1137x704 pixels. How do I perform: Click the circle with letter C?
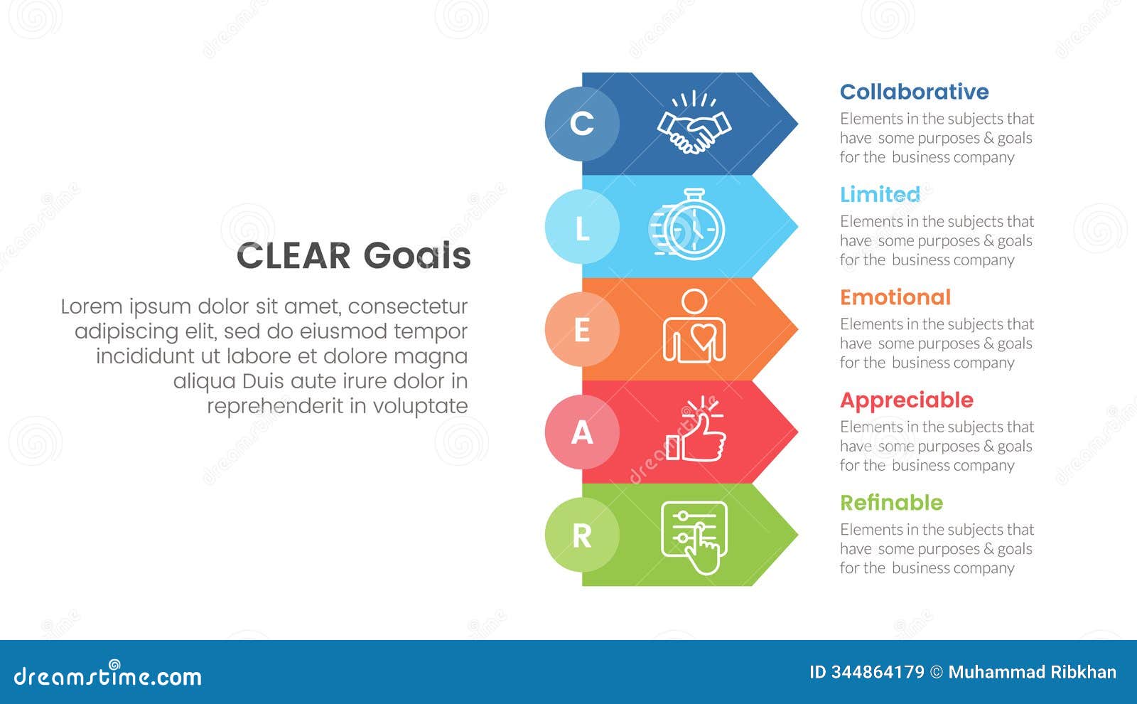[582, 124]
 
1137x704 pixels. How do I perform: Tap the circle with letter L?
[582, 227]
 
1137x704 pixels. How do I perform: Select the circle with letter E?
[582, 330]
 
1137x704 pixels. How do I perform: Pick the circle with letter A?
[582, 432]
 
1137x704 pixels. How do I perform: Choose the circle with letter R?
[582, 535]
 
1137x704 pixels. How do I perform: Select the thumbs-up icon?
[696, 430]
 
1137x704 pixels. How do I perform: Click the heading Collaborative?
[914, 92]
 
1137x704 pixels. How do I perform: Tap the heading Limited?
[880, 194]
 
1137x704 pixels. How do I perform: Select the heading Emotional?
[895, 297]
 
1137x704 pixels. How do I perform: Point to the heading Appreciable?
[906, 400]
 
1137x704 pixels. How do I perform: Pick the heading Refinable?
[891, 503]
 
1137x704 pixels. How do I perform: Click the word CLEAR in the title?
[293, 256]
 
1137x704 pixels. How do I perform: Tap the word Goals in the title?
[416, 256]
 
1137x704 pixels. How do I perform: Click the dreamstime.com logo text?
[108, 676]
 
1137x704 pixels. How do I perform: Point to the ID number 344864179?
[878, 672]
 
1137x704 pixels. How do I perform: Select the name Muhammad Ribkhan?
[1032, 672]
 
